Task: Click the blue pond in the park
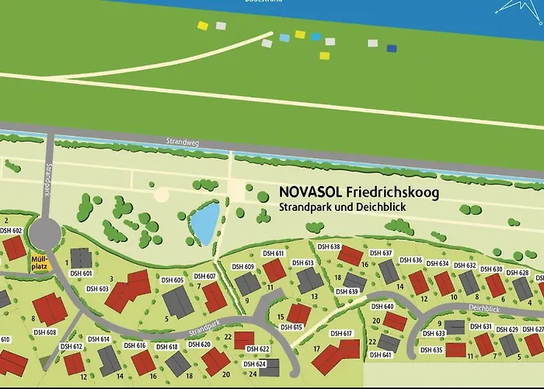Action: [204, 223]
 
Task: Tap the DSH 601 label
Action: [82, 273]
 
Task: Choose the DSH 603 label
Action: [99, 289]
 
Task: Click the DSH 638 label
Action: [330, 247]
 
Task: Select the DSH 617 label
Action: [342, 333]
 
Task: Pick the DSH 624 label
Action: [255, 364]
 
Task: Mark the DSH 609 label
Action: [243, 267]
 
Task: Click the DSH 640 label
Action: [383, 307]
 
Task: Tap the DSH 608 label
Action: [45, 332]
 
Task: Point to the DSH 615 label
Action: [291, 328]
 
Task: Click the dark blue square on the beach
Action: [392, 48]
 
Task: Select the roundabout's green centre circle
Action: [44, 232]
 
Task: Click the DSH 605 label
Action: [173, 280]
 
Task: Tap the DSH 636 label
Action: [412, 261]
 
